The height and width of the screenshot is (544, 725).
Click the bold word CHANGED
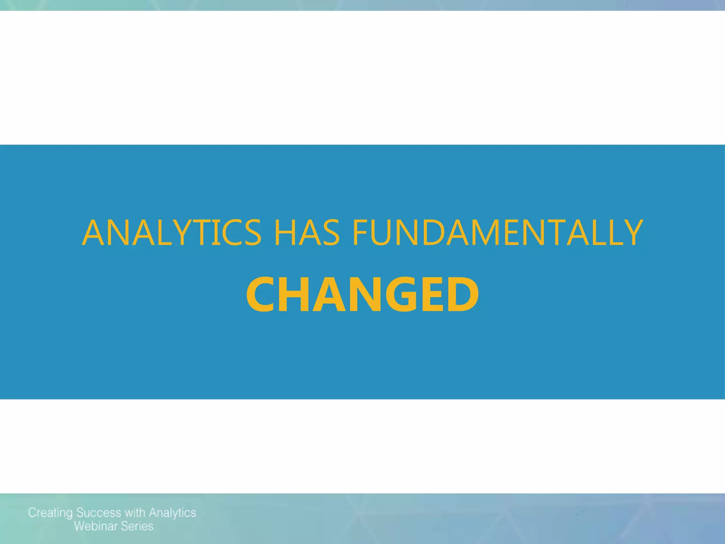[362, 295]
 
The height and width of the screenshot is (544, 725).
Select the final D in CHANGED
[461, 295]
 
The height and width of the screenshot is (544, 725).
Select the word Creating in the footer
[51, 513]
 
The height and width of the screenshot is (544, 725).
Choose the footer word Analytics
[172, 513]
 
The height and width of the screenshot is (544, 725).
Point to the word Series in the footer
[137, 526]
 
